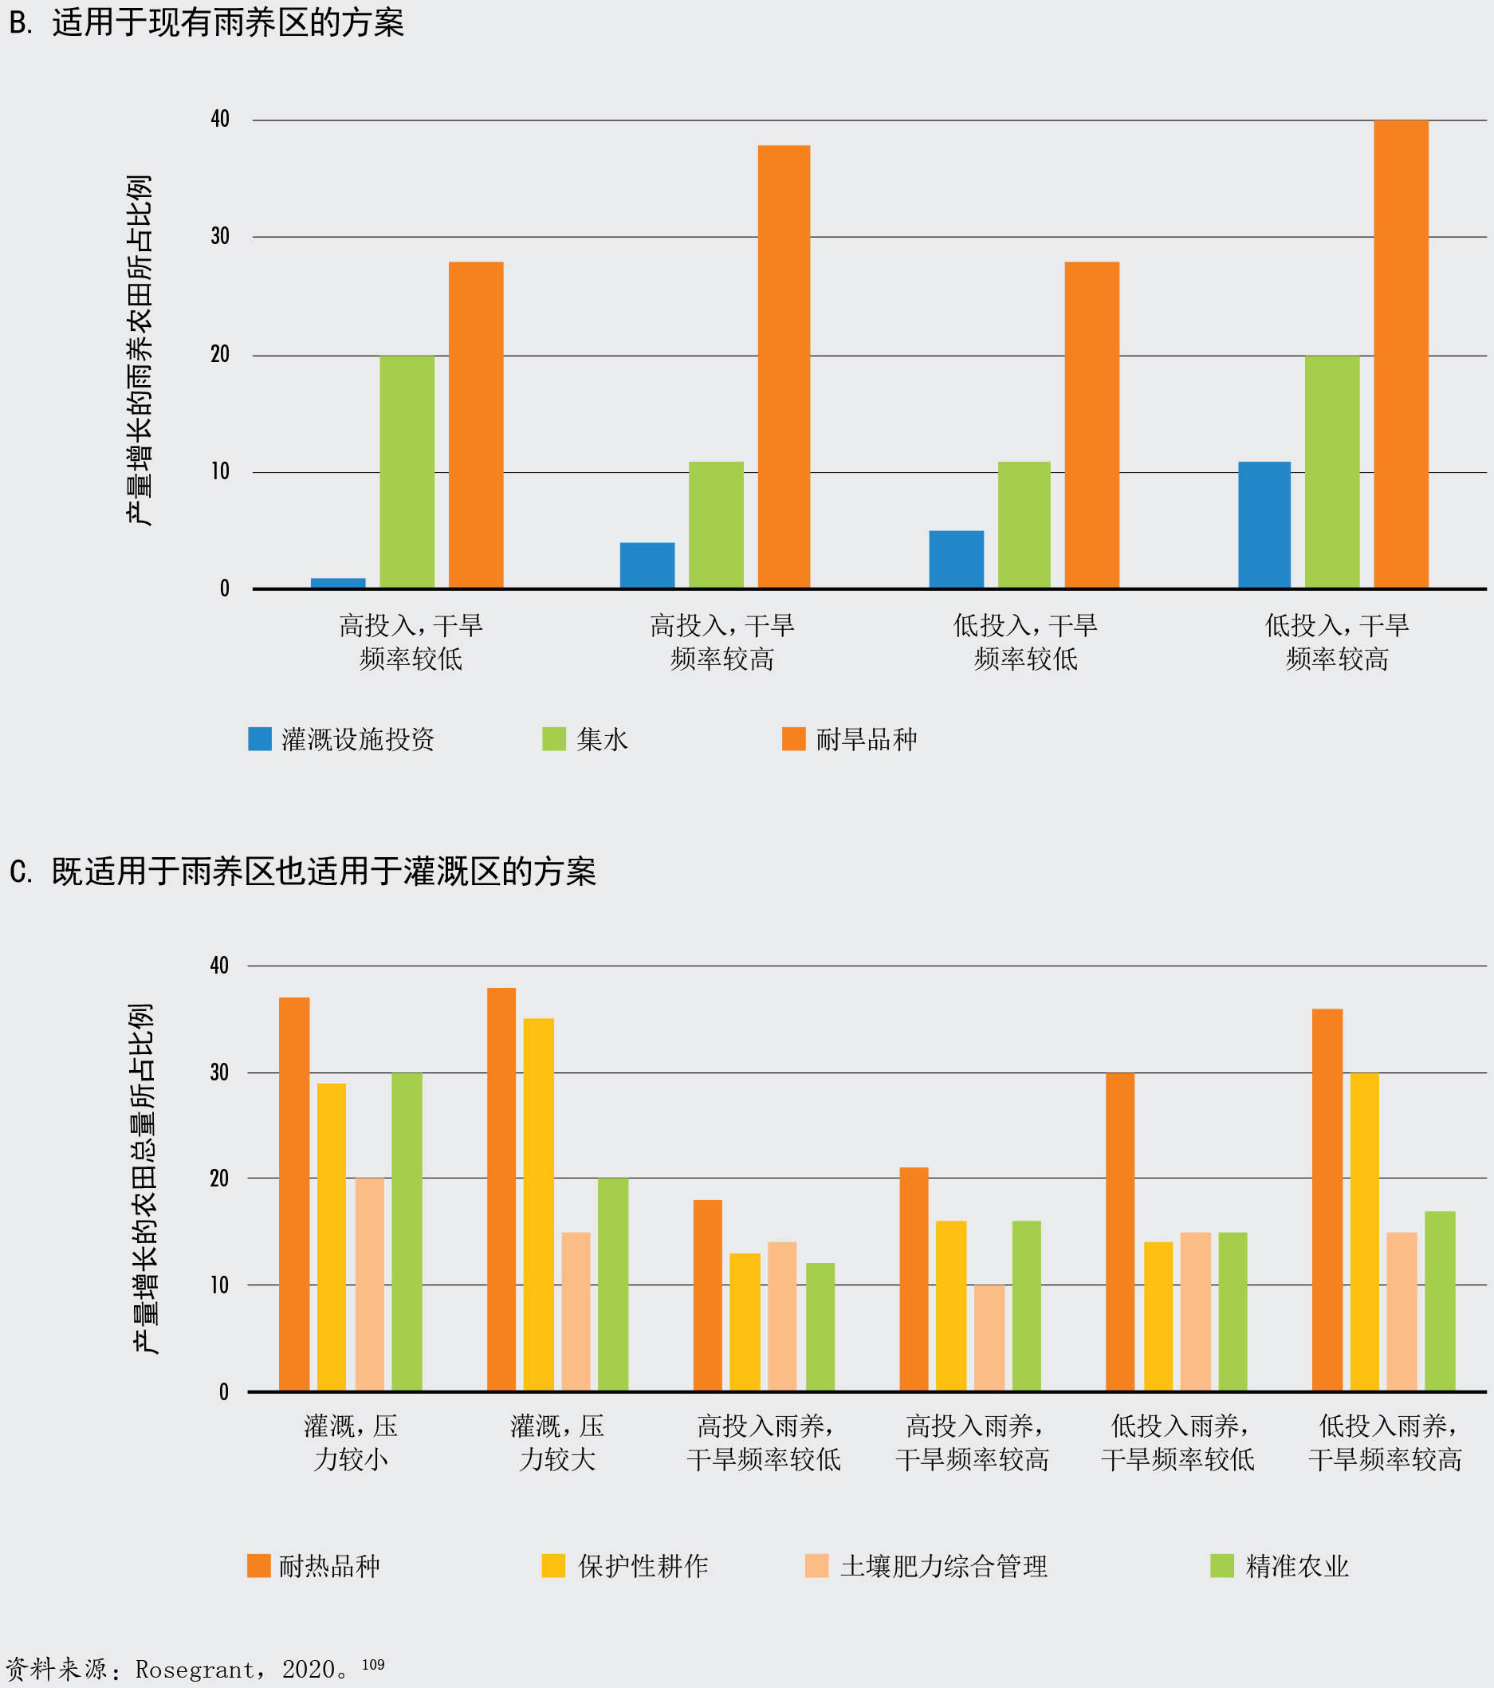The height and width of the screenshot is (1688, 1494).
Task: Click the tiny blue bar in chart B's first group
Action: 338,583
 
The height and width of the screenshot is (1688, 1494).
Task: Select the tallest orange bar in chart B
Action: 1401,355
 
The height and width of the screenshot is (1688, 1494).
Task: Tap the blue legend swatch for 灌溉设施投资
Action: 259,739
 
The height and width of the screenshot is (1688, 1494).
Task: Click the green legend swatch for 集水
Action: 553,739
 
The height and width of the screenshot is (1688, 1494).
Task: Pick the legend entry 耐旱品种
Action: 866,740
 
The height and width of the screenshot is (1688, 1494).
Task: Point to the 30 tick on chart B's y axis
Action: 220,237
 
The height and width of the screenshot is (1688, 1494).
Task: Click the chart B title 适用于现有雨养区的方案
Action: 227,23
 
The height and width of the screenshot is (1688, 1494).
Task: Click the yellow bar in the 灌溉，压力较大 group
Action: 538,1205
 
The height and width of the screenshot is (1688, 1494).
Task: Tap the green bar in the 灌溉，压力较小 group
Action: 407,1232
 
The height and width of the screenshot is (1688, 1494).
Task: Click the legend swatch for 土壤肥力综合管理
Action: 816,1566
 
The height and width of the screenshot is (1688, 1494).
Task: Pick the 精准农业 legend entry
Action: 1295,1567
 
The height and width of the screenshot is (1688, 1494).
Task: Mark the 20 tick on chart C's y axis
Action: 219,1178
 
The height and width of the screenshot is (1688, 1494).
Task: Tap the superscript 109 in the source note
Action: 373,1664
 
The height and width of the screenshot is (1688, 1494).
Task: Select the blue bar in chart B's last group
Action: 1264,525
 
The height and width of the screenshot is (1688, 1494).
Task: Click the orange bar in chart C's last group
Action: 1327,1201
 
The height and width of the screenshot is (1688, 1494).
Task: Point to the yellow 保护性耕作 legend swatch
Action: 553,1566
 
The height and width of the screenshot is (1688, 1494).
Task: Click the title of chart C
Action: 323,872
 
